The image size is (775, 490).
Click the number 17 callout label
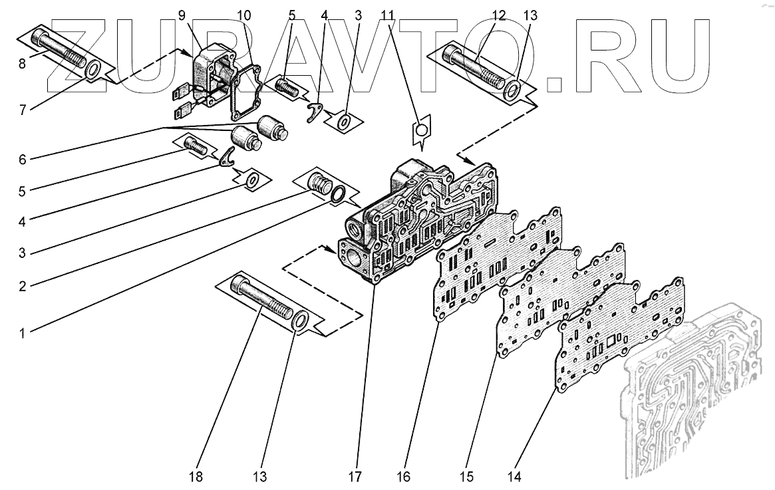[358, 476]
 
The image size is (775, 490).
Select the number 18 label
[196, 476]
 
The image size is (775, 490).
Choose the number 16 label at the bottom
[405, 476]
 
